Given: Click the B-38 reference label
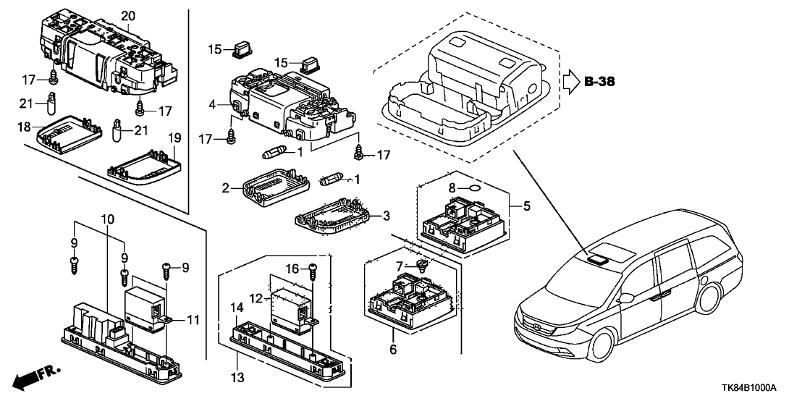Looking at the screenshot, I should click(600, 82).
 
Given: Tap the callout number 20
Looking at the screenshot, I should click(128, 15).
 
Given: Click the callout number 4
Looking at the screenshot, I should click(213, 104).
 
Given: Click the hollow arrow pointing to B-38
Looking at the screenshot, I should click(571, 81).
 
